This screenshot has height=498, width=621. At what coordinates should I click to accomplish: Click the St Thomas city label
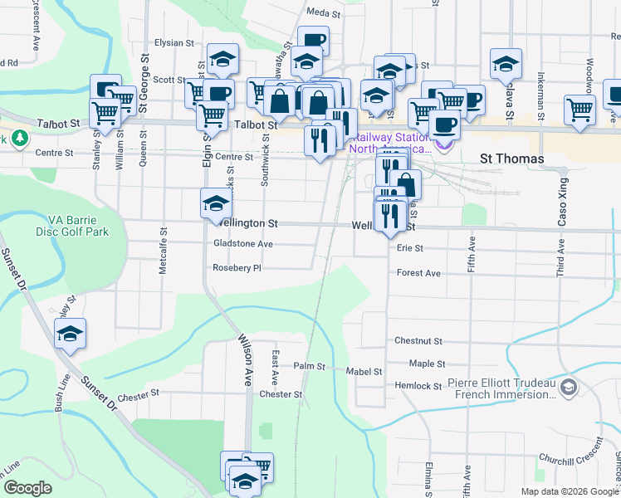[512, 159]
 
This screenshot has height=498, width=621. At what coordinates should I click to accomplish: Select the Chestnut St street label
[419, 340]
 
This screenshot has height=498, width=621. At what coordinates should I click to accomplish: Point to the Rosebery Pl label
[237, 268]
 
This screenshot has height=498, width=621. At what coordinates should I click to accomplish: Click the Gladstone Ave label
[243, 244]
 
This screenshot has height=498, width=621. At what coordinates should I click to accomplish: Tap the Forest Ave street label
[418, 272]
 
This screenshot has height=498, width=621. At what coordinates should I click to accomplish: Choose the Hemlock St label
[418, 386]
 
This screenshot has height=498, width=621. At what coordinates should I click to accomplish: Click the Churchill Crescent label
[568, 458]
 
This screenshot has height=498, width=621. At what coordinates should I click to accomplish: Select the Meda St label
[324, 13]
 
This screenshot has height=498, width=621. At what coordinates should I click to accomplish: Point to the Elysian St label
[174, 42]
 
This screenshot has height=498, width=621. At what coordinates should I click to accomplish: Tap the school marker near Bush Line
[71, 334]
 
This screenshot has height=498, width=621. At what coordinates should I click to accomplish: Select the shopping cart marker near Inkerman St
[579, 108]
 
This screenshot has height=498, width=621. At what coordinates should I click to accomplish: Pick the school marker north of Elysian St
[222, 57]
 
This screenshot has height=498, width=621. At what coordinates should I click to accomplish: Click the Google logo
[28, 487]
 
